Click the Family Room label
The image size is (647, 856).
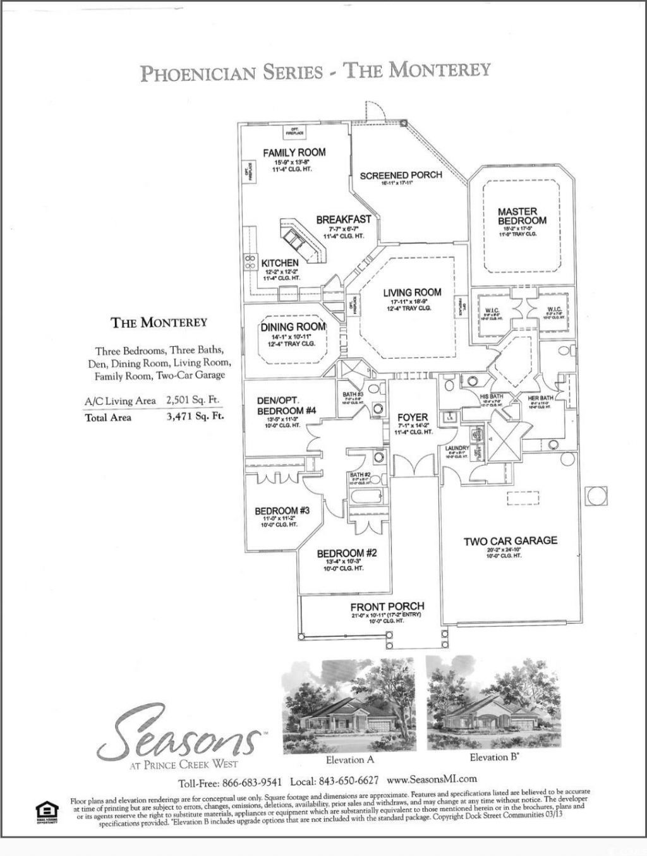[294, 152]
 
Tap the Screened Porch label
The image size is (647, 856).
[401, 175]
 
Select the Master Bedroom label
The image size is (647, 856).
[522, 216]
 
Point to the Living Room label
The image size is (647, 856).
[412, 292]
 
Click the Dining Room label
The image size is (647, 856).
[294, 327]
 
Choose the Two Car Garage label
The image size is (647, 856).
[511, 541]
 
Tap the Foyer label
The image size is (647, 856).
[413, 418]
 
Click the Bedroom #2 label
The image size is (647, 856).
[347, 553]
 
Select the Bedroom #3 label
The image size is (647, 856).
[282, 510]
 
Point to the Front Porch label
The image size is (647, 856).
[387, 606]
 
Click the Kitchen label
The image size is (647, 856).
[280, 263]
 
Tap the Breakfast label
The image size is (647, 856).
[344, 220]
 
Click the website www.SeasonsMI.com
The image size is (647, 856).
[431, 779]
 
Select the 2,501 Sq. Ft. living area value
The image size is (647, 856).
[193, 400]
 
